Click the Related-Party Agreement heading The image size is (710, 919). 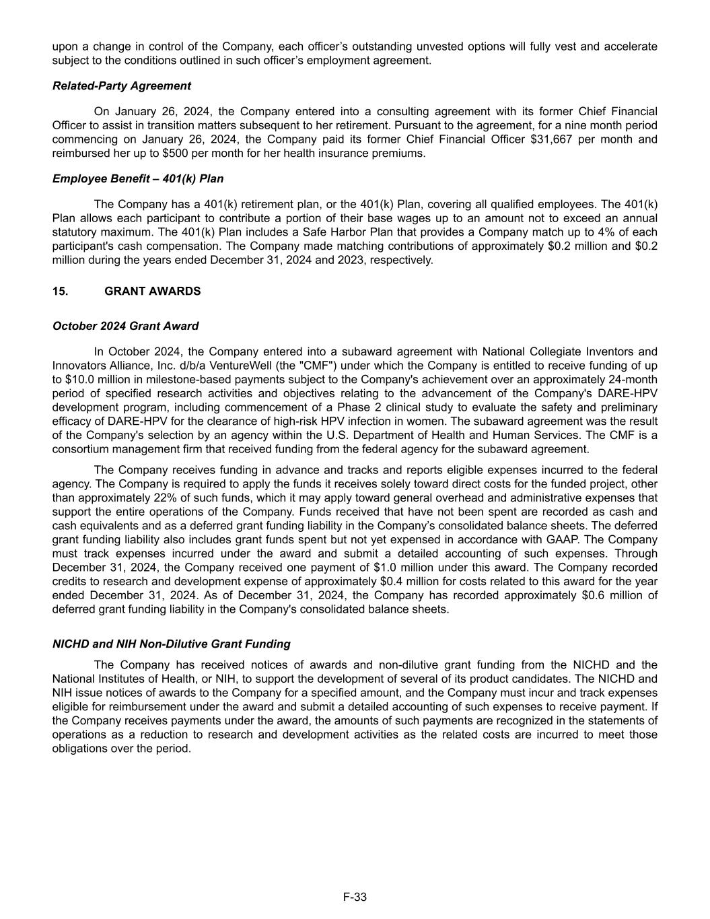[121, 86]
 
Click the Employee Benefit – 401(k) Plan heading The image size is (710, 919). [138, 179]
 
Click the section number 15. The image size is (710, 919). [60, 292]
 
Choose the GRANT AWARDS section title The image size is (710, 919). [152, 292]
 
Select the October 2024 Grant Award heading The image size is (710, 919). [125, 327]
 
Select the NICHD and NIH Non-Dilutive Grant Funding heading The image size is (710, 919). [171, 644]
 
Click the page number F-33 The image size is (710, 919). [355, 897]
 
